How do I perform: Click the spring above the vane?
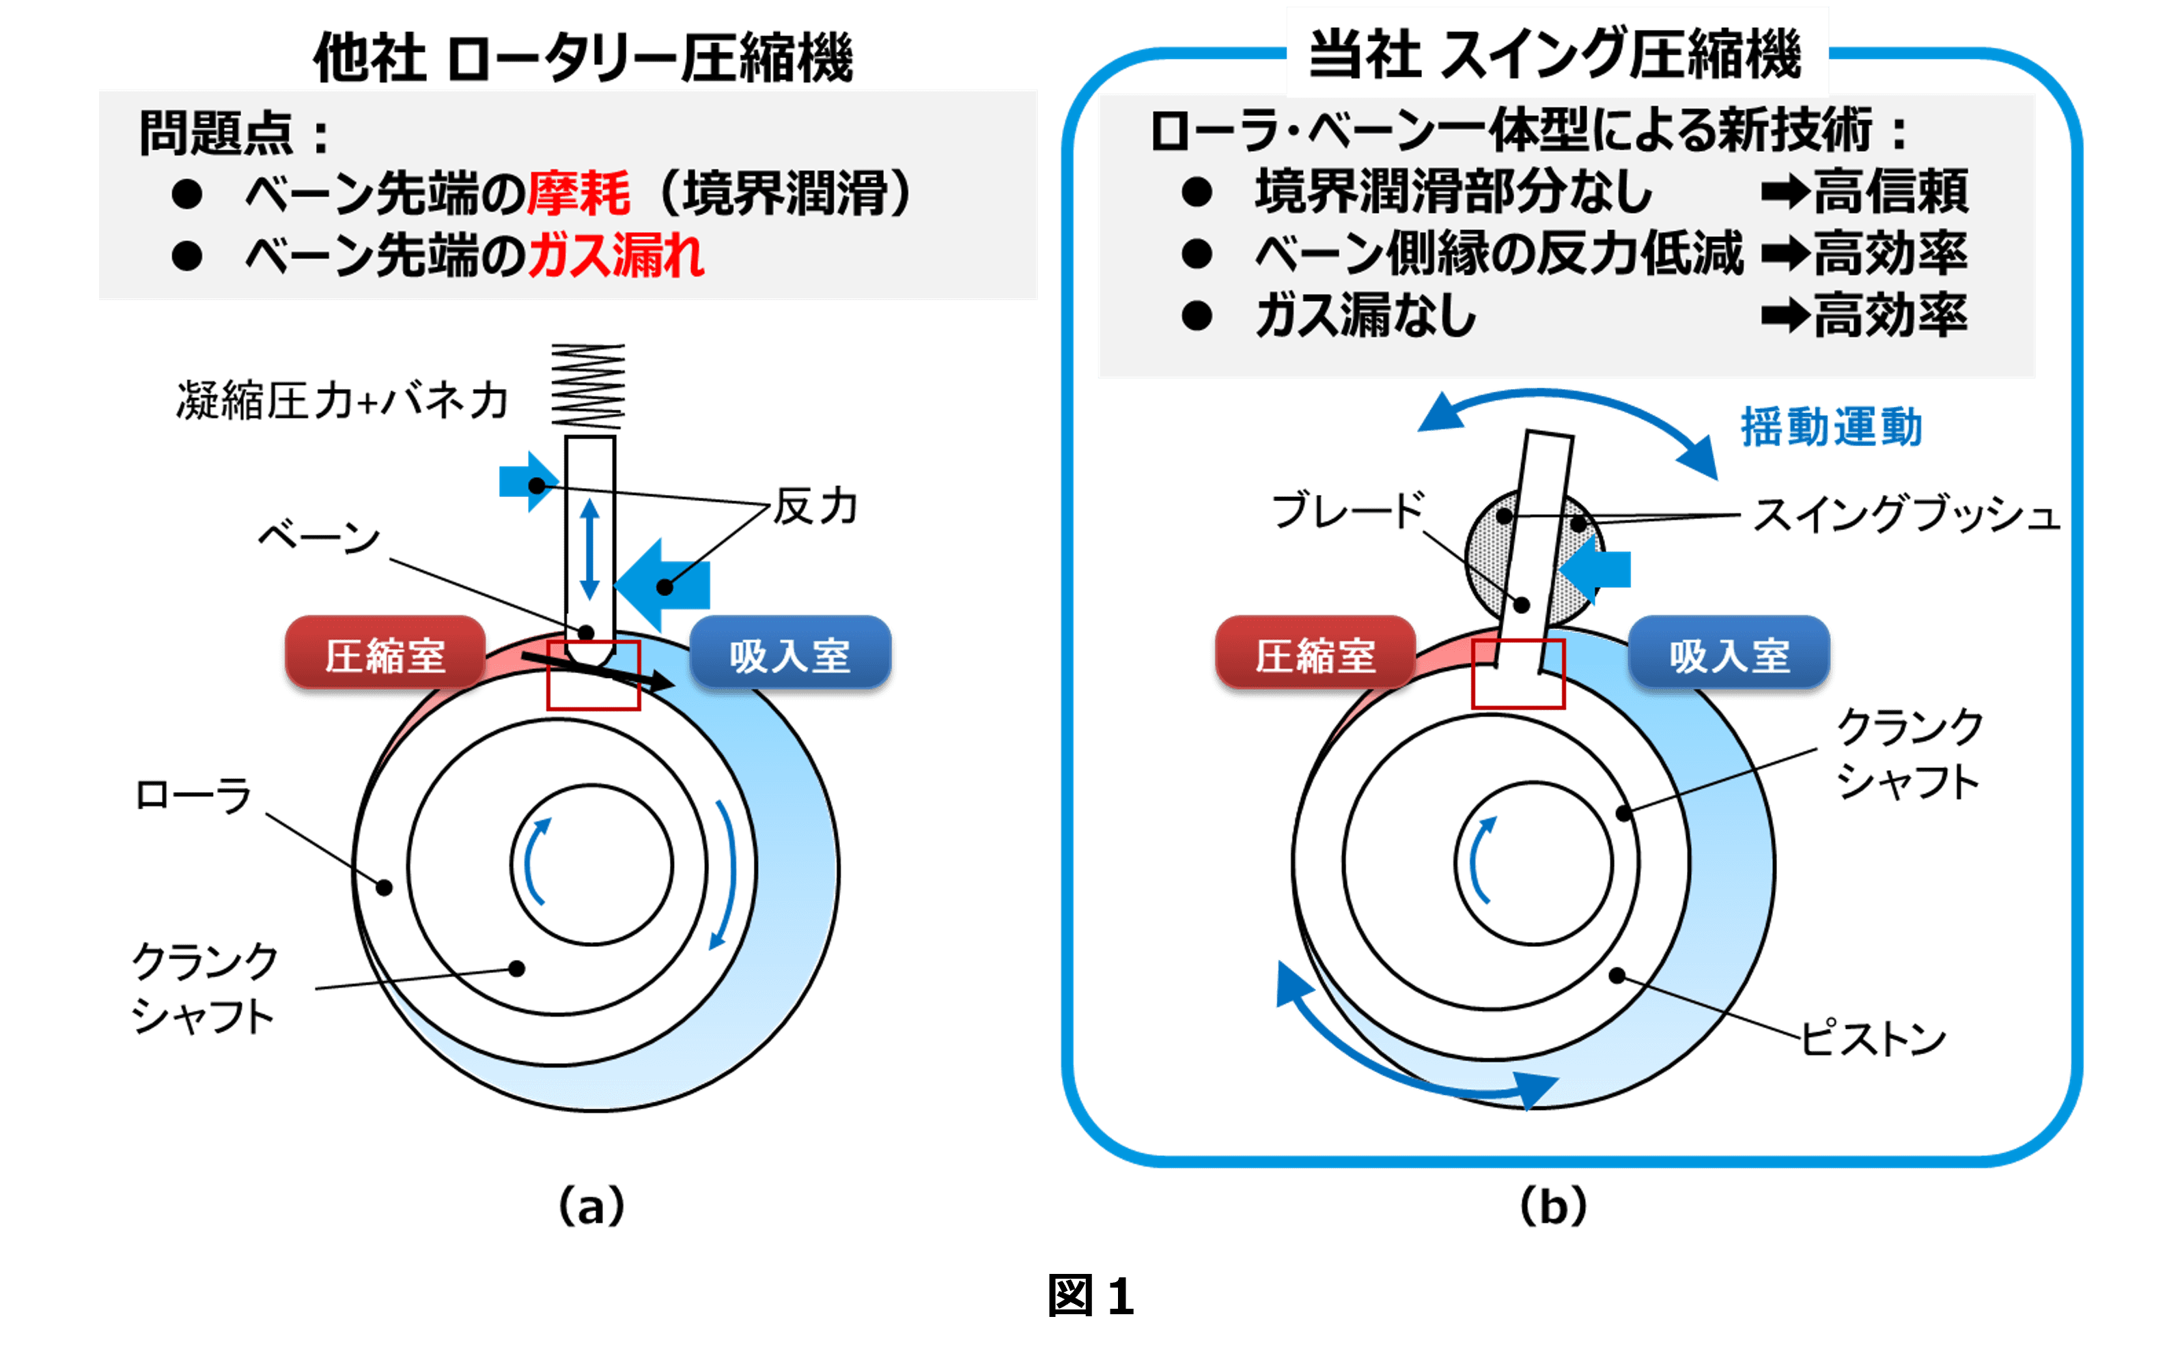(588, 386)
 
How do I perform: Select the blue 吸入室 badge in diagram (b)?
(1729, 655)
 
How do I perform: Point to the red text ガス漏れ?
(616, 256)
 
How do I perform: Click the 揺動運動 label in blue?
(1830, 427)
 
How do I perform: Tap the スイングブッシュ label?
(1906, 516)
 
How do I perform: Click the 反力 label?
(815, 507)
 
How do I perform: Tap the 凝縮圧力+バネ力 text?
(342, 401)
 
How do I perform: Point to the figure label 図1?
(1090, 1296)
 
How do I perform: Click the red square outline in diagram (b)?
(1518, 674)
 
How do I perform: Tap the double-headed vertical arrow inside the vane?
(590, 550)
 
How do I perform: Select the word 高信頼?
(1891, 192)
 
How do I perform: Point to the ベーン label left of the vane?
(320, 538)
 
